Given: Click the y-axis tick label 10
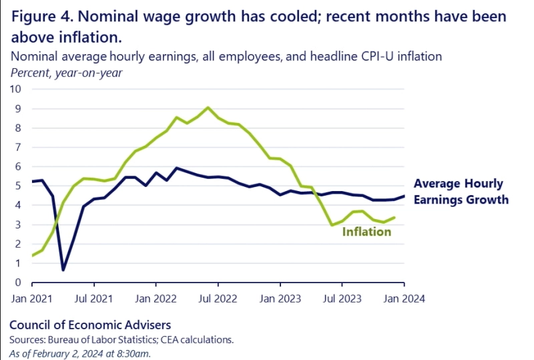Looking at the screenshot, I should coord(16,89).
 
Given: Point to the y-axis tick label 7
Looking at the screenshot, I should coord(19,147).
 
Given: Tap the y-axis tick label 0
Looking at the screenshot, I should coord(19,283).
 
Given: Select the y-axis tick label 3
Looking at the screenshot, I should coord(19,224).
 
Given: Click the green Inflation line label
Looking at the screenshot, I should coord(366,232).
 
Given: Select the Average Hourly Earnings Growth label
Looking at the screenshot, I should coord(461,192).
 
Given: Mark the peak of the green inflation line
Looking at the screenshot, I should coord(208,108).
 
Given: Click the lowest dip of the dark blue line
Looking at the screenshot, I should coord(63,270).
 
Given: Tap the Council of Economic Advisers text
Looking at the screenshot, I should coord(90,325).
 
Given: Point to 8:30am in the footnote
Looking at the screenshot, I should coord(133,353).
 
